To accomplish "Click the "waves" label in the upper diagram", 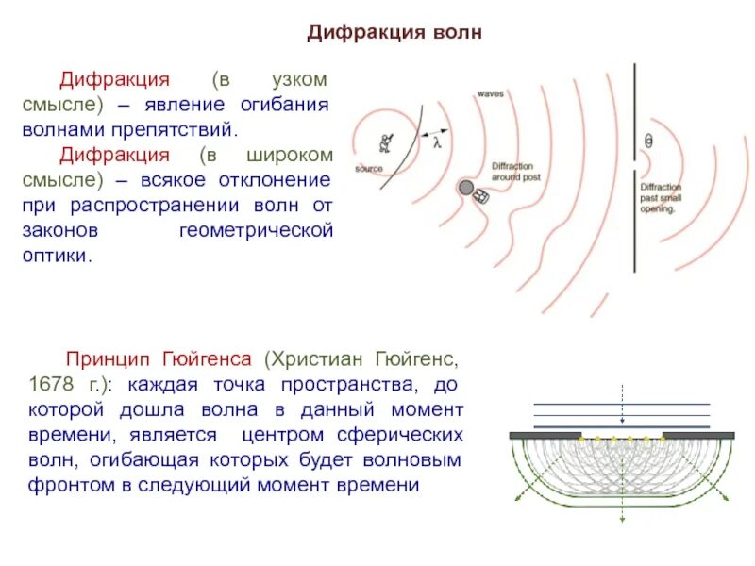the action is pyautogui.click(x=490, y=94).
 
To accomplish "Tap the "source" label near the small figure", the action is pyautogui.click(x=369, y=169).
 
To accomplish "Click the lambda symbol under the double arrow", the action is pyautogui.click(x=437, y=144).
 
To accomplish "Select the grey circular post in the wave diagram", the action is pyautogui.click(x=465, y=188).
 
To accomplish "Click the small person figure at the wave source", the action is pyautogui.click(x=385, y=144).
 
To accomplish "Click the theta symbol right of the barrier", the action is pyautogui.click(x=647, y=141).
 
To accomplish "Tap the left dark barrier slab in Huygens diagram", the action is pyautogui.click(x=545, y=436).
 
